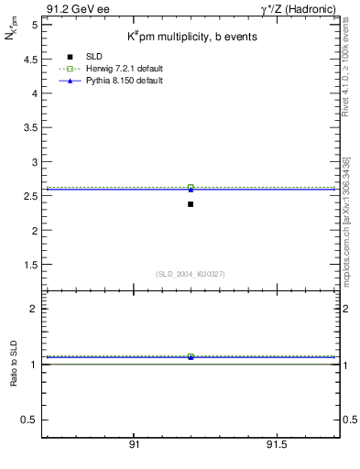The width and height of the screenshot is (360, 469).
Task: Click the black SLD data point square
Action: coord(191,204)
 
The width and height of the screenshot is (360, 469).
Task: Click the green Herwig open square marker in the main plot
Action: coord(191,188)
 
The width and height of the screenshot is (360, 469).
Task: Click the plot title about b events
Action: coord(191,37)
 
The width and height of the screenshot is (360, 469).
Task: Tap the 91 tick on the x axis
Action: coord(134,444)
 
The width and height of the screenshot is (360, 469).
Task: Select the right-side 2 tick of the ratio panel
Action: coord(345,309)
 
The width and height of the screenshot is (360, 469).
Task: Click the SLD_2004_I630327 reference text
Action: coord(191,274)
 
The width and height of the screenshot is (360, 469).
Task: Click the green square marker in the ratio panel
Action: coord(191,356)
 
